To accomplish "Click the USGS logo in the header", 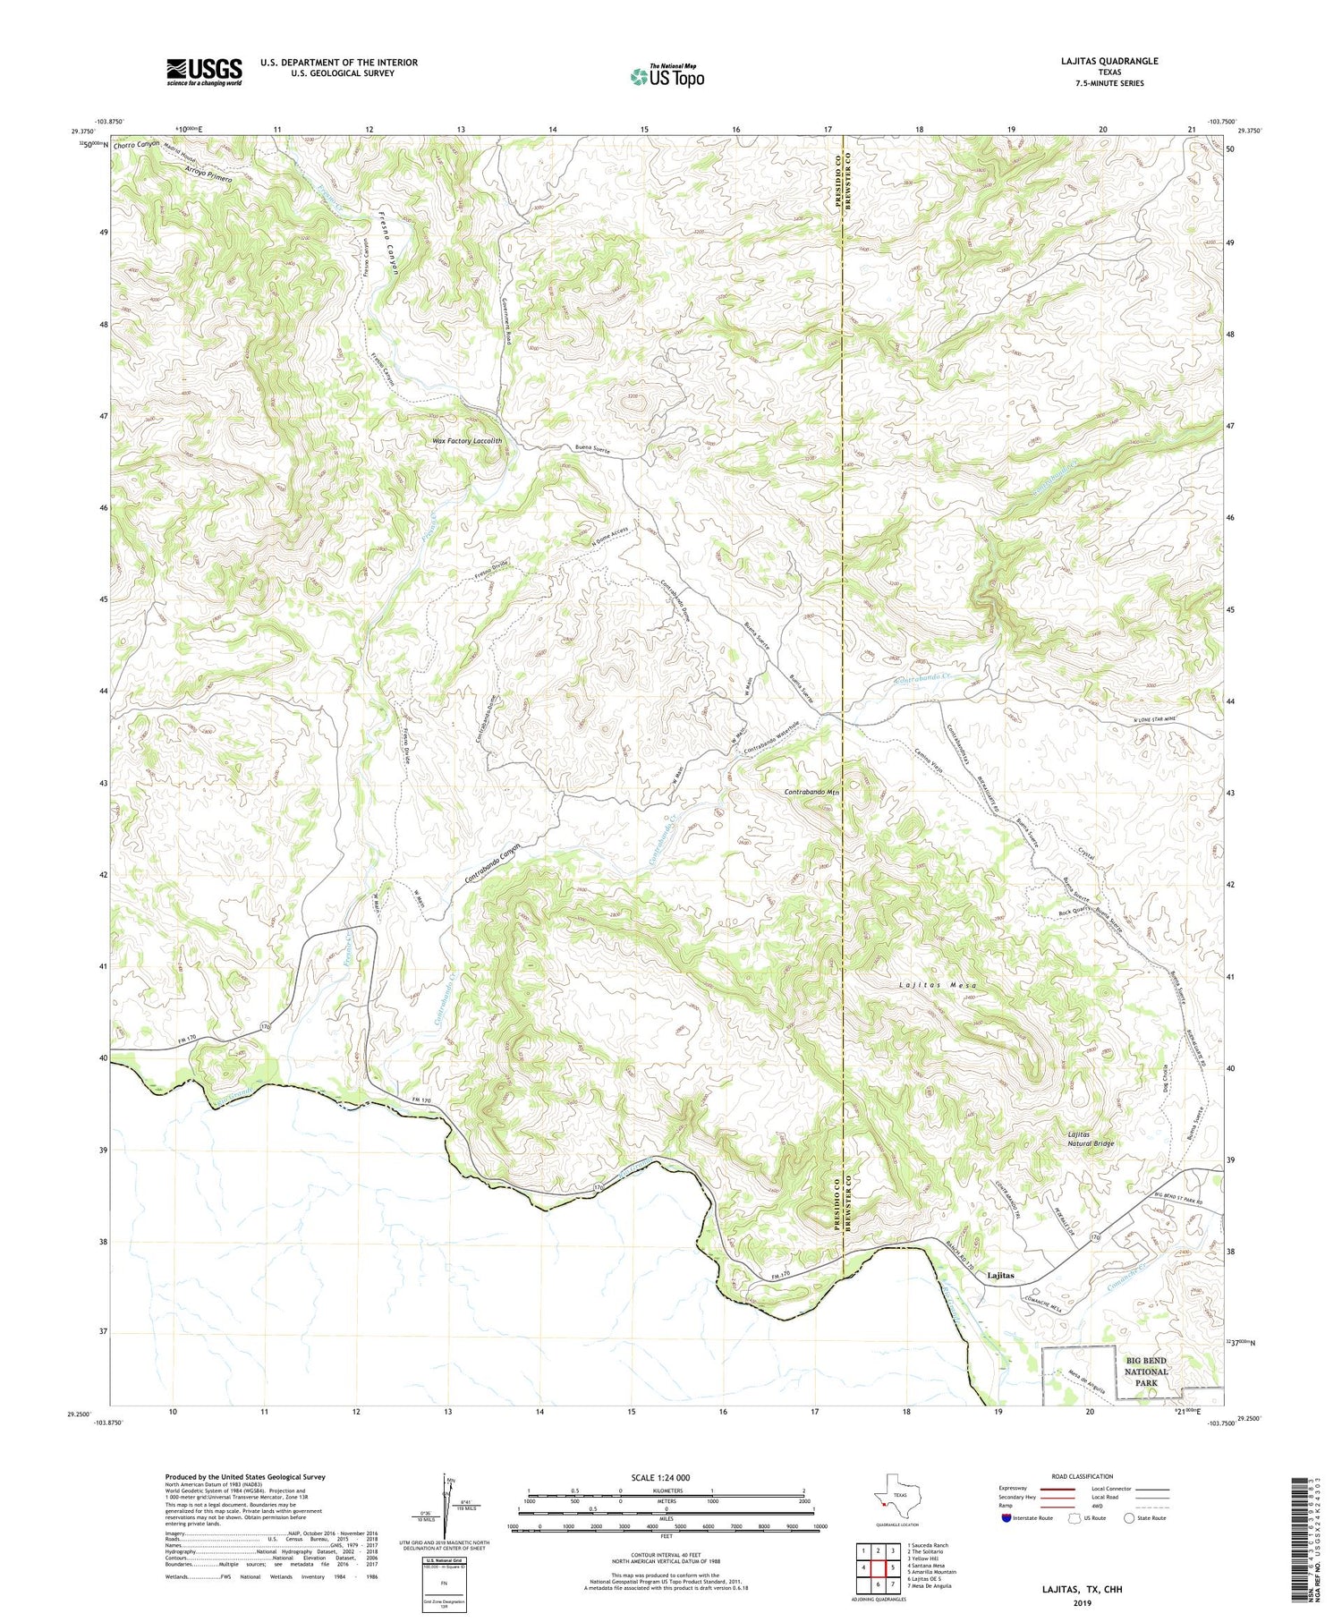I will [204, 72].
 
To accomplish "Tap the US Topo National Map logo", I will [667, 77].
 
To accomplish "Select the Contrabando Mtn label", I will [812, 793].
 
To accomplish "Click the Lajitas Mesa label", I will [938, 984].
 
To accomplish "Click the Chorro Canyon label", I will [137, 143].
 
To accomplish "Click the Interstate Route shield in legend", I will [1007, 1518].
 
